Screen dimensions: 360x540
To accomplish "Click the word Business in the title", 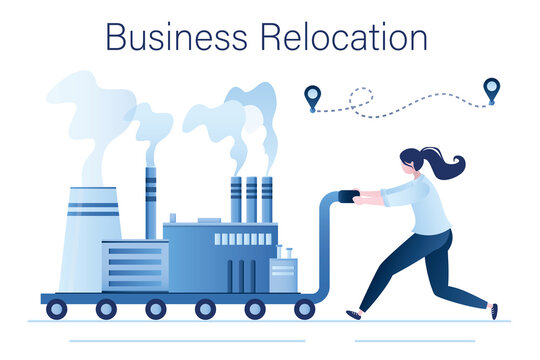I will pyautogui.click(x=177, y=37).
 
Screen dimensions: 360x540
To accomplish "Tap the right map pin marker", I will pyautogui.click(x=491, y=89).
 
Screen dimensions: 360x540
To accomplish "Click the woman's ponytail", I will pyautogui.click(x=446, y=164).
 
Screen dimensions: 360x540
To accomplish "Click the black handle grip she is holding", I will pyautogui.click(x=349, y=196).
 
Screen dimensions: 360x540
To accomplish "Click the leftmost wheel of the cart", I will pyautogui.click(x=56, y=309).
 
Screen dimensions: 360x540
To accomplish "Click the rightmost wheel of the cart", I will pyautogui.click(x=305, y=309).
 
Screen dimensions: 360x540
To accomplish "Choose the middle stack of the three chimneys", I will pyautogui.click(x=251, y=199).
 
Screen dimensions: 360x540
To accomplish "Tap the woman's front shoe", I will pyautogui.click(x=353, y=314).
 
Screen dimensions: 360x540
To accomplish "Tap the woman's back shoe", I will pyautogui.click(x=494, y=311).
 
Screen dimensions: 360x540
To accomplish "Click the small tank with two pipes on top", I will pyautogui.click(x=283, y=272).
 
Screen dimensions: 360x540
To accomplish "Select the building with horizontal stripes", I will pyautogui.click(x=135, y=266).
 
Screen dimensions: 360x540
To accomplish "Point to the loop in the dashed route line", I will pyautogui.click(x=360, y=97).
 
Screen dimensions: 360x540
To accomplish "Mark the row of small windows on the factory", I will pyautogui.click(x=243, y=239).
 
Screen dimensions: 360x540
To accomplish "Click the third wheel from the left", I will pyautogui.click(x=155, y=309).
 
